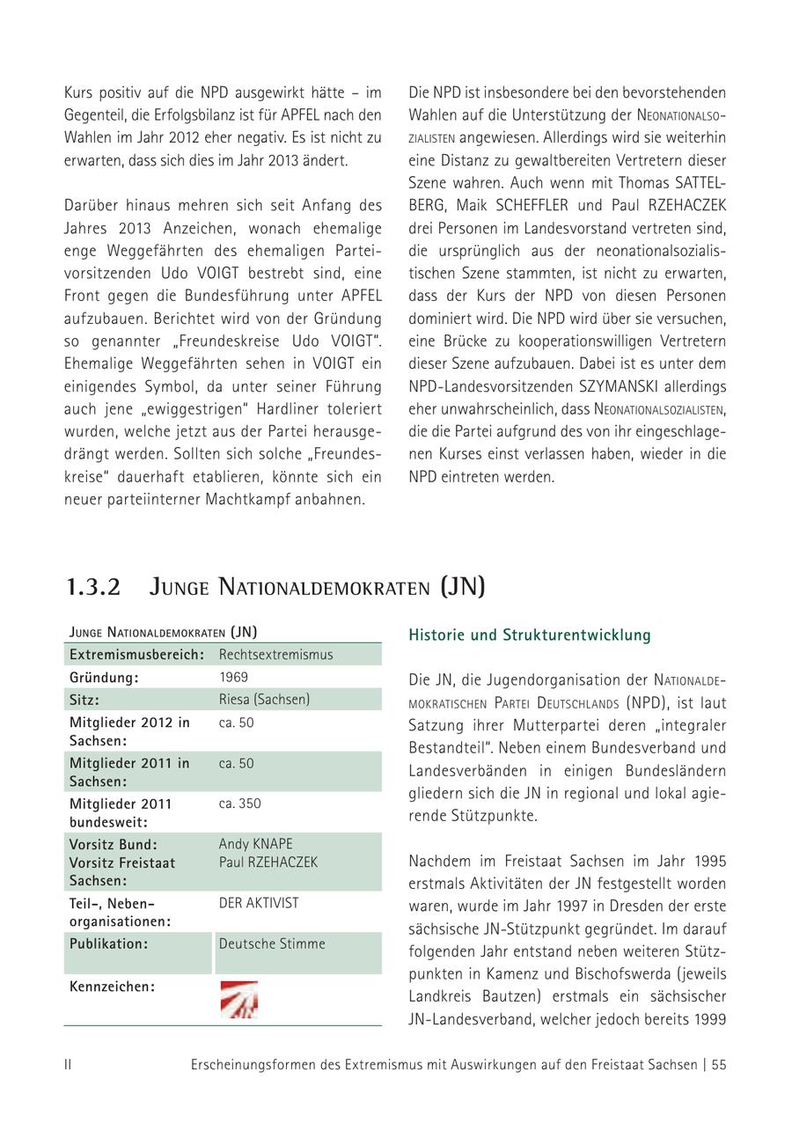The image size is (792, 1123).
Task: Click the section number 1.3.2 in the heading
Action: (93, 587)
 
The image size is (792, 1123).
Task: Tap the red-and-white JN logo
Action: (238, 1000)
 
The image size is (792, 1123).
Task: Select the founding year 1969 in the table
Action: (233, 678)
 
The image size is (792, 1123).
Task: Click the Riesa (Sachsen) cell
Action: (264, 700)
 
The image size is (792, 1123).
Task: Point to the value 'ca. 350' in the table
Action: (239, 804)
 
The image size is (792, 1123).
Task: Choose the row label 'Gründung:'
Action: (105, 678)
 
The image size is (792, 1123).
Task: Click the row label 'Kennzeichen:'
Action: (112, 987)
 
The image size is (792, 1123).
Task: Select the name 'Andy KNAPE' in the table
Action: (255, 844)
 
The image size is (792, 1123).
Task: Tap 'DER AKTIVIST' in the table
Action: (259, 903)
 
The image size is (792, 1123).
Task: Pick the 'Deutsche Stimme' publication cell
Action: (272, 943)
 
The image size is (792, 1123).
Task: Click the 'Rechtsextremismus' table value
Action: (275, 655)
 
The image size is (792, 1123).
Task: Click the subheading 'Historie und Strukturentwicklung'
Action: (529, 635)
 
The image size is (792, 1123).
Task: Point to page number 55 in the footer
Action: (719, 1065)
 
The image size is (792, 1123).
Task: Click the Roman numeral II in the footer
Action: (68, 1065)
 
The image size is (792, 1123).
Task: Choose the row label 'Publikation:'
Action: (109, 943)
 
